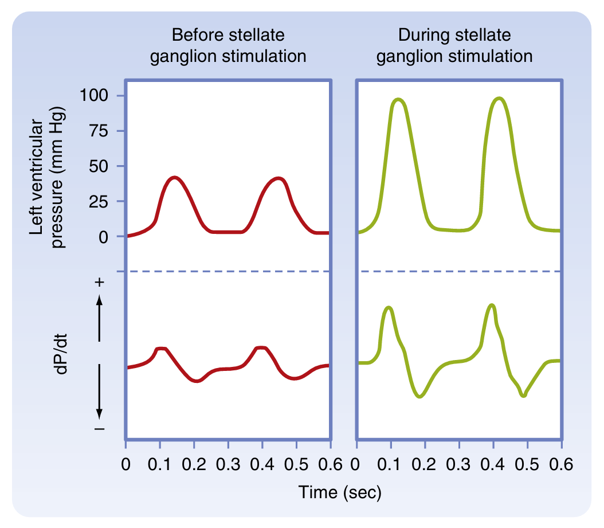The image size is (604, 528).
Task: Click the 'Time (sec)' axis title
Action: point(339,491)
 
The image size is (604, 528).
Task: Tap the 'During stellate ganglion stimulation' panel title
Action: point(455,46)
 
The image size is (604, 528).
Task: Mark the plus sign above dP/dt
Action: point(100,283)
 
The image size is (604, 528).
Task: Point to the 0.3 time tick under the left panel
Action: point(228,464)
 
